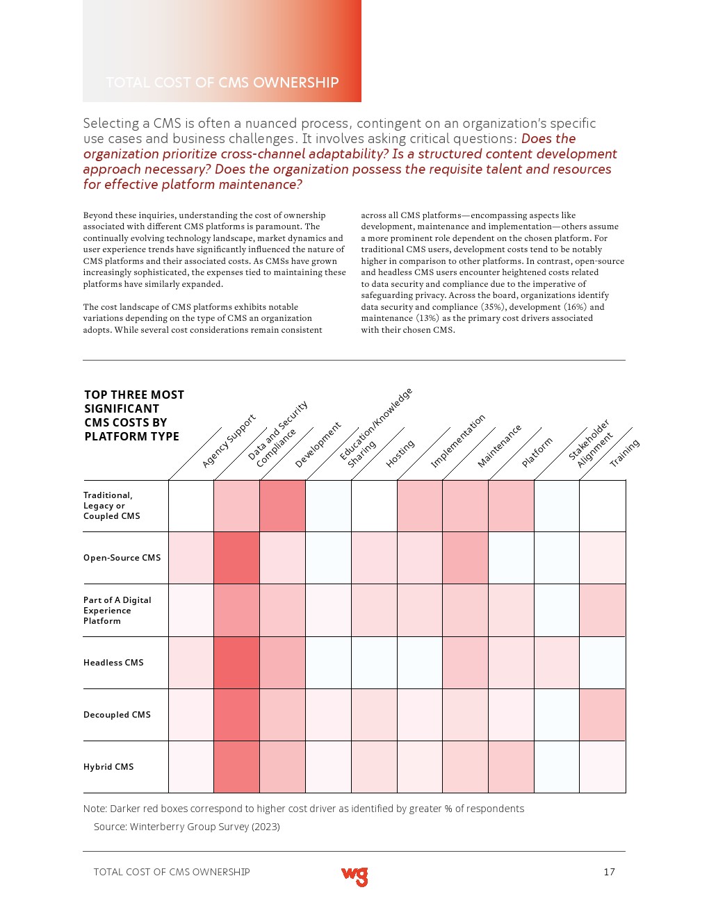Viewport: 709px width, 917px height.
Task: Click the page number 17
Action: coord(609,872)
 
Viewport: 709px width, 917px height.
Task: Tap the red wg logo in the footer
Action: coord(354,876)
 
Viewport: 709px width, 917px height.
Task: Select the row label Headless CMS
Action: coord(113,663)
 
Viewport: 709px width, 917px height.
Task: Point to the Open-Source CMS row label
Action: coord(122,558)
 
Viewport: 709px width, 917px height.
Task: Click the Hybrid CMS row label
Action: coord(108,767)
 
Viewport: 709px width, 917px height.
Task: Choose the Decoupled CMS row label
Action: coord(117,715)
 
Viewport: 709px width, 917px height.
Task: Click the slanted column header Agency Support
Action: coord(229,441)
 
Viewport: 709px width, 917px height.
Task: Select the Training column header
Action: coord(624,453)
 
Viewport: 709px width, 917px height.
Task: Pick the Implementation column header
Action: coord(457,441)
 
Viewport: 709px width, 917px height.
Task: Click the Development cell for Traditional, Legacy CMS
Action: coord(282,506)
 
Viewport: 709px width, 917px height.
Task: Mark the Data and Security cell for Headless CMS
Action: coord(237,663)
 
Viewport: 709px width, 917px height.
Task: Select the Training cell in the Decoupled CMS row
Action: coord(602,715)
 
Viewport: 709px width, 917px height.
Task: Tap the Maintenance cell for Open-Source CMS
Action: coord(465,558)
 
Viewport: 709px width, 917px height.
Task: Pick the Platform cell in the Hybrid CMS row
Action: coord(511,767)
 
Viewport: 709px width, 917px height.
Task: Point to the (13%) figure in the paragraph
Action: coord(427,318)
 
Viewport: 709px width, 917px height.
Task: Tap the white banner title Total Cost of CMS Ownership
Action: coord(222,83)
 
